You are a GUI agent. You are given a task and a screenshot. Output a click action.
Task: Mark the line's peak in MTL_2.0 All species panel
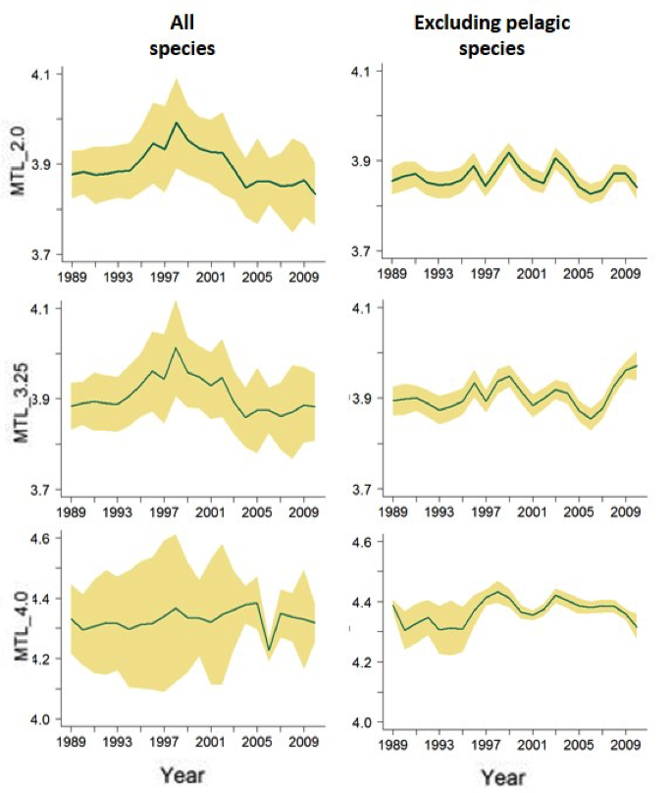click(x=176, y=123)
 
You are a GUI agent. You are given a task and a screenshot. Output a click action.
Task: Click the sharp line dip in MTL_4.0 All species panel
click(x=269, y=649)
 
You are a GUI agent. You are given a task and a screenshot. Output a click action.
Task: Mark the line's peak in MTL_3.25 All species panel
click(x=176, y=347)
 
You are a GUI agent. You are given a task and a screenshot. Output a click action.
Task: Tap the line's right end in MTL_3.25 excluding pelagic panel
click(x=637, y=365)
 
